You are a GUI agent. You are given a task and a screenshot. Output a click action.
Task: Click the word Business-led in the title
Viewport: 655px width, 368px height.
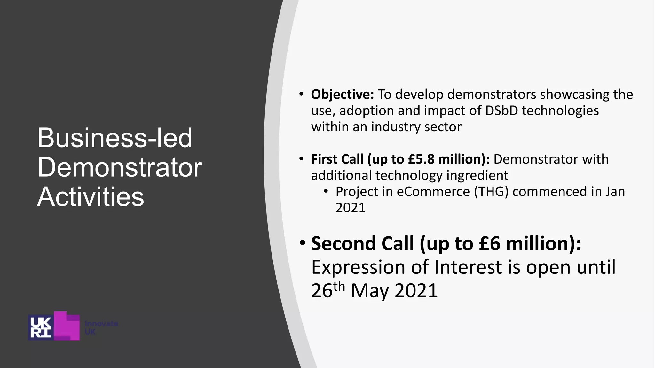tap(114, 138)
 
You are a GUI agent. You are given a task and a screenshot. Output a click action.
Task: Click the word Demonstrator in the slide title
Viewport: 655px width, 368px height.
tap(120, 167)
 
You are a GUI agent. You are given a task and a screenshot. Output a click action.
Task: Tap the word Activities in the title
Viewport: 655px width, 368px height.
tap(91, 197)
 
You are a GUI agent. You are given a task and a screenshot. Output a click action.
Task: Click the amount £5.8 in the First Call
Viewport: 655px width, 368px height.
tap(421, 159)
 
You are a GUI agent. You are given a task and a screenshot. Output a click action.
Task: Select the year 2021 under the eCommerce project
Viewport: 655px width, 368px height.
tap(350, 208)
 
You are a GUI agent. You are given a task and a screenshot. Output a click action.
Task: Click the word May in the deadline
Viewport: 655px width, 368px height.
tap(370, 291)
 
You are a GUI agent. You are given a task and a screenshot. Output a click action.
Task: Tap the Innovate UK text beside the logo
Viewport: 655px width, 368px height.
tap(101, 328)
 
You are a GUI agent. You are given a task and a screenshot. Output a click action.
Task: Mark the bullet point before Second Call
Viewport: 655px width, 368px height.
tap(303, 243)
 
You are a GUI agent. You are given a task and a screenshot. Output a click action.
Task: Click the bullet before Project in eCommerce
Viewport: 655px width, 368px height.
tap(326, 191)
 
